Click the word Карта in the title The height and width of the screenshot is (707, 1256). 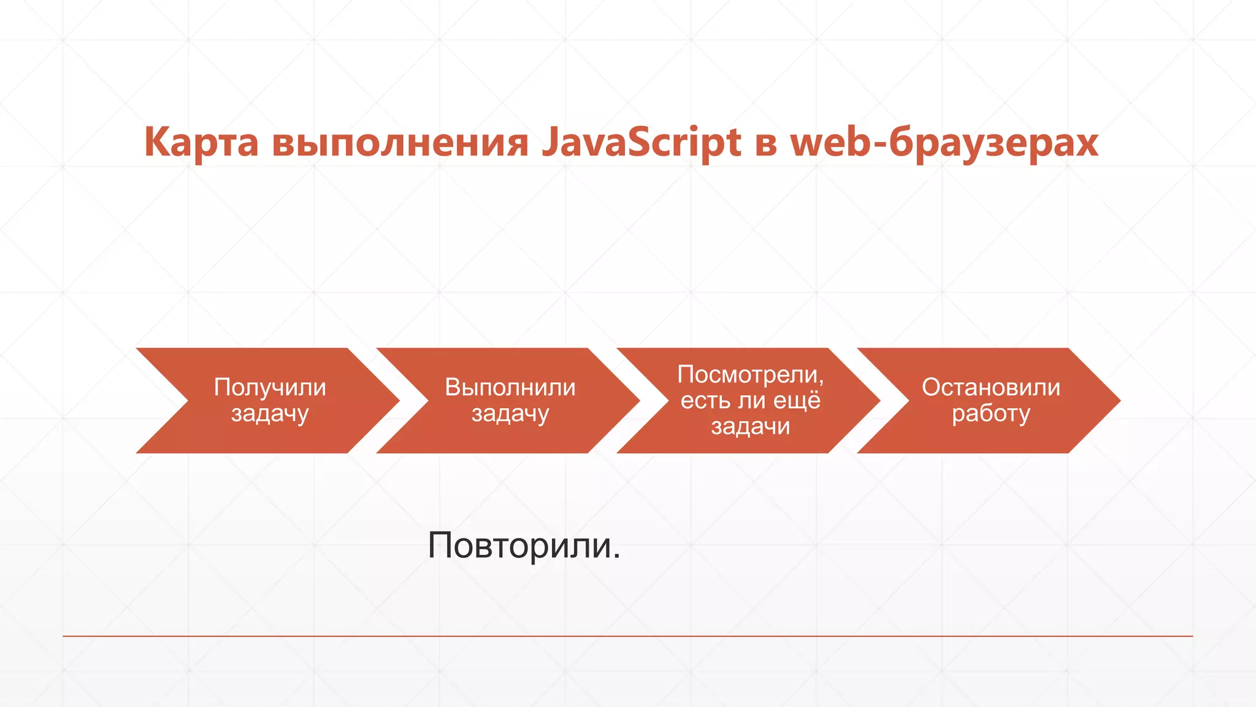click(x=201, y=142)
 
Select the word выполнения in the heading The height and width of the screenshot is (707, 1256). click(x=400, y=142)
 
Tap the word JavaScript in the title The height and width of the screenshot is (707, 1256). click(x=641, y=142)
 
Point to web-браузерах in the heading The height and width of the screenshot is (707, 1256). click(x=944, y=142)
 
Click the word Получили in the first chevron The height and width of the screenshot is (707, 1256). click(x=270, y=387)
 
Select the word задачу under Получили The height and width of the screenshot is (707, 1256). click(x=270, y=414)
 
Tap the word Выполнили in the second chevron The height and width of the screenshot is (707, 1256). click(x=510, y=387)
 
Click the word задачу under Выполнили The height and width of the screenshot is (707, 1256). click(x=510, y=414)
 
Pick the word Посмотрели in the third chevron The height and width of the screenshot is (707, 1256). click(x=748, y=374)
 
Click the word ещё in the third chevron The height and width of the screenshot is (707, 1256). click(x=797, y=400)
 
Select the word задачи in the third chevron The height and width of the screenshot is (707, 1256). click(x=751, y=426)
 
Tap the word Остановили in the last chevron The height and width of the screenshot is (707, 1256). click(x=991, y=387)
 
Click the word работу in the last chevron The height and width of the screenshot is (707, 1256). click(x=991, y=414)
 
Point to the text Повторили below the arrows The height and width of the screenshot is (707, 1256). click(x=519, y=545)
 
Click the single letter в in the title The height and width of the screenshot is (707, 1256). click(x=766, y=144)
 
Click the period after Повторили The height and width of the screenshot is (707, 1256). click(x=616, y=557)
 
